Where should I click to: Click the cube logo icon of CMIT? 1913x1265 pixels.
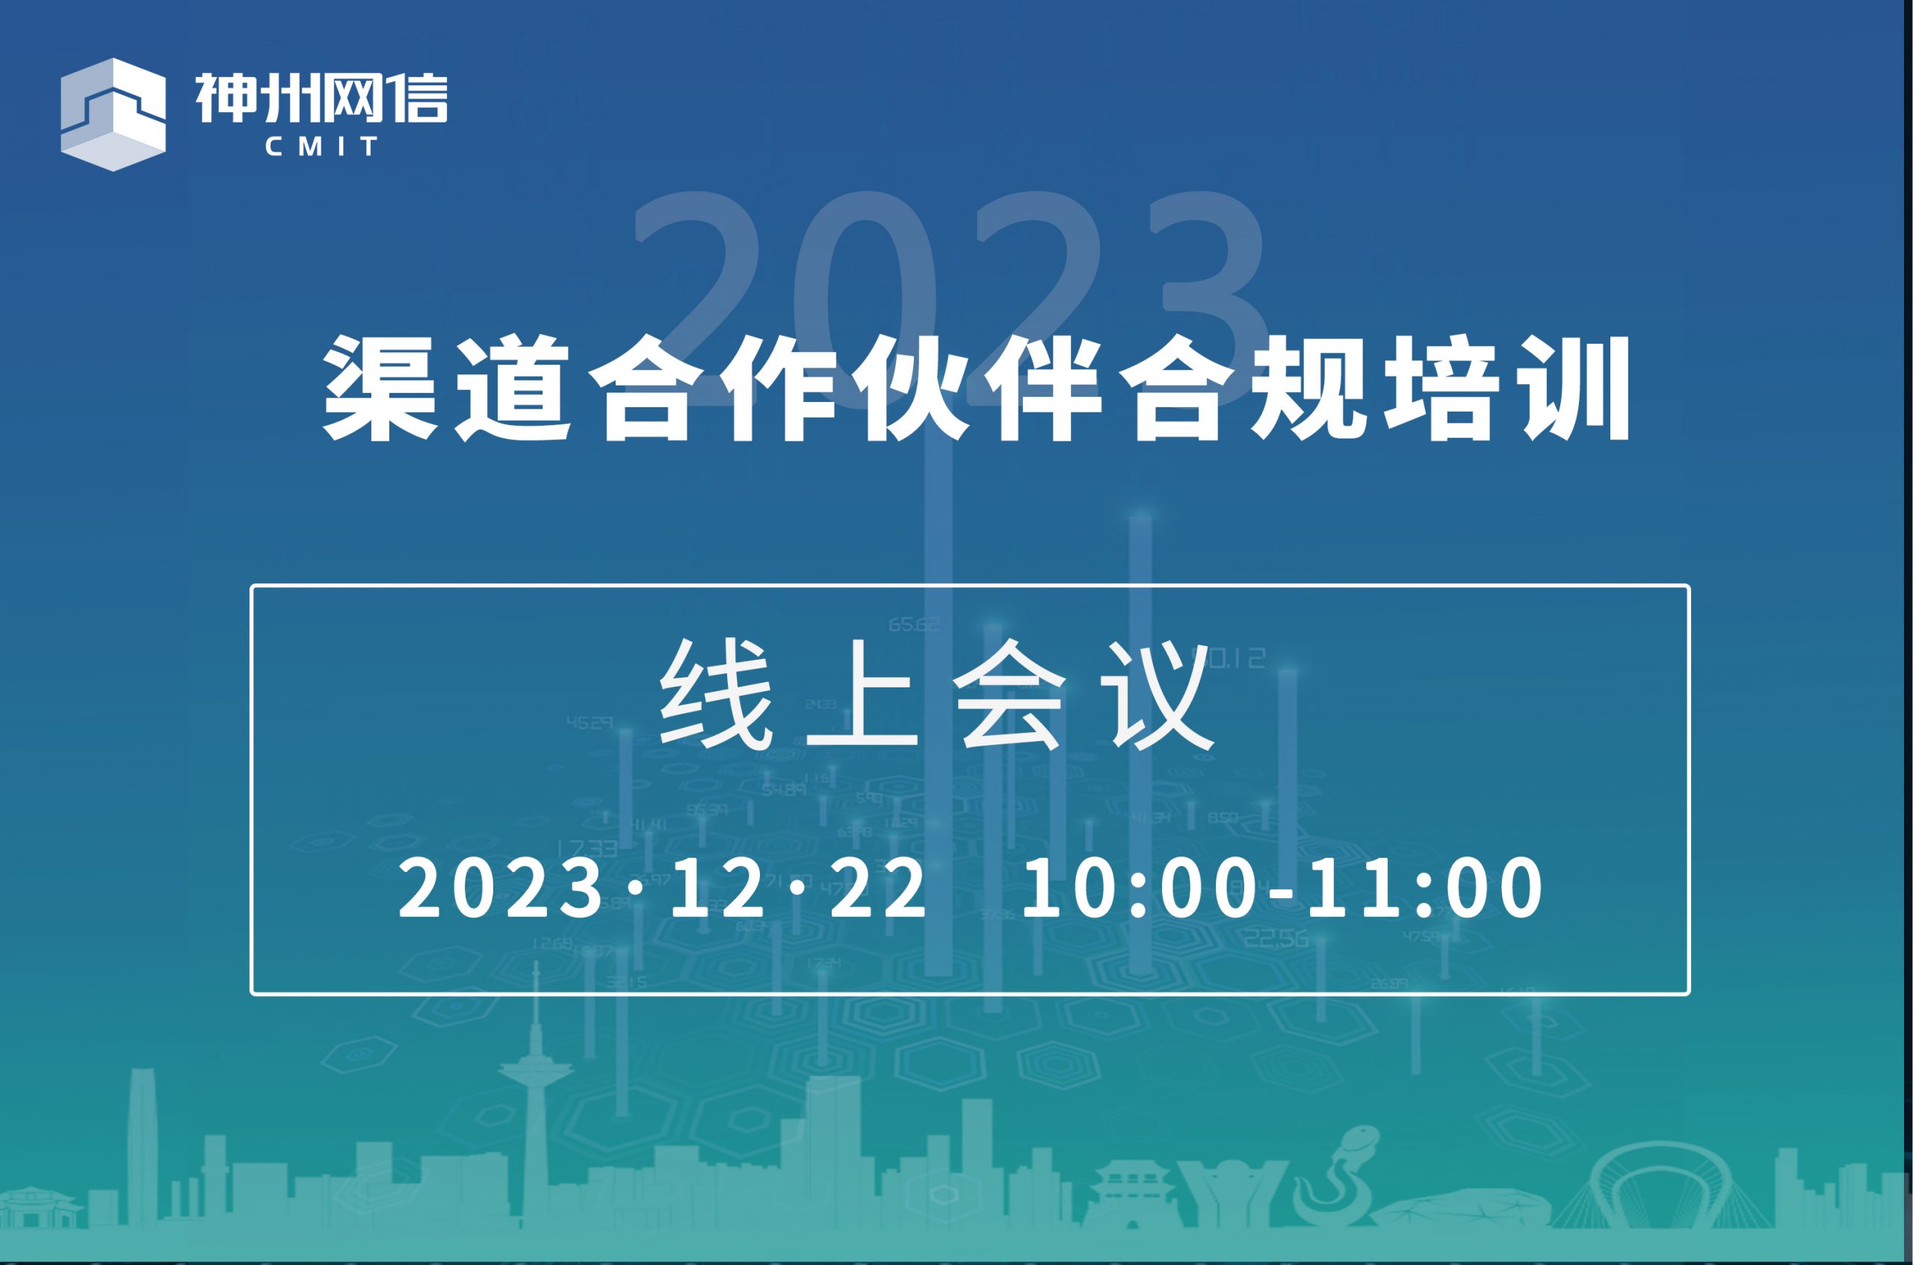pyautogui.click(x=113, y=114)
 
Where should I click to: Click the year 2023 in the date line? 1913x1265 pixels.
pyautogui.click(x=502, y=888)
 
